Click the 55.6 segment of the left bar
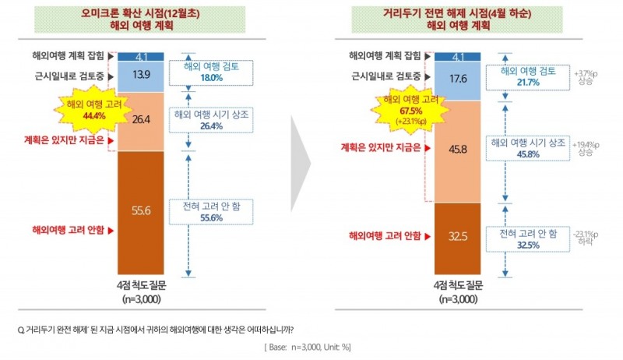click(141, 210)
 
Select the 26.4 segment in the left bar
click(141, 121)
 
